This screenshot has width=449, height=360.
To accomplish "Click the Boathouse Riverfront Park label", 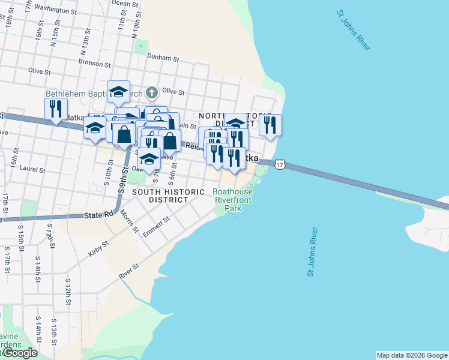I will (x=234, y=200).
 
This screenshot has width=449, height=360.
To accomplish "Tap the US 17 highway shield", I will (x=280, y=163).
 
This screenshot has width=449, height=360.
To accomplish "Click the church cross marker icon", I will (x=152, y=92).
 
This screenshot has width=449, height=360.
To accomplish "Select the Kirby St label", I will (x=99, y=249).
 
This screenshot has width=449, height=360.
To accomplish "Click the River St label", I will (x=129, y=271).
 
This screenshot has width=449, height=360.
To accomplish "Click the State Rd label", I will (x=99, y=215).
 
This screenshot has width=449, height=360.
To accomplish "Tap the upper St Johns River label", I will (x=354, y=30).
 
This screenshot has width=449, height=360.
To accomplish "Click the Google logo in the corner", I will (x=20, y=353).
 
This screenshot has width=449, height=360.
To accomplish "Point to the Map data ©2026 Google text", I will (x=412, y=355).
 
